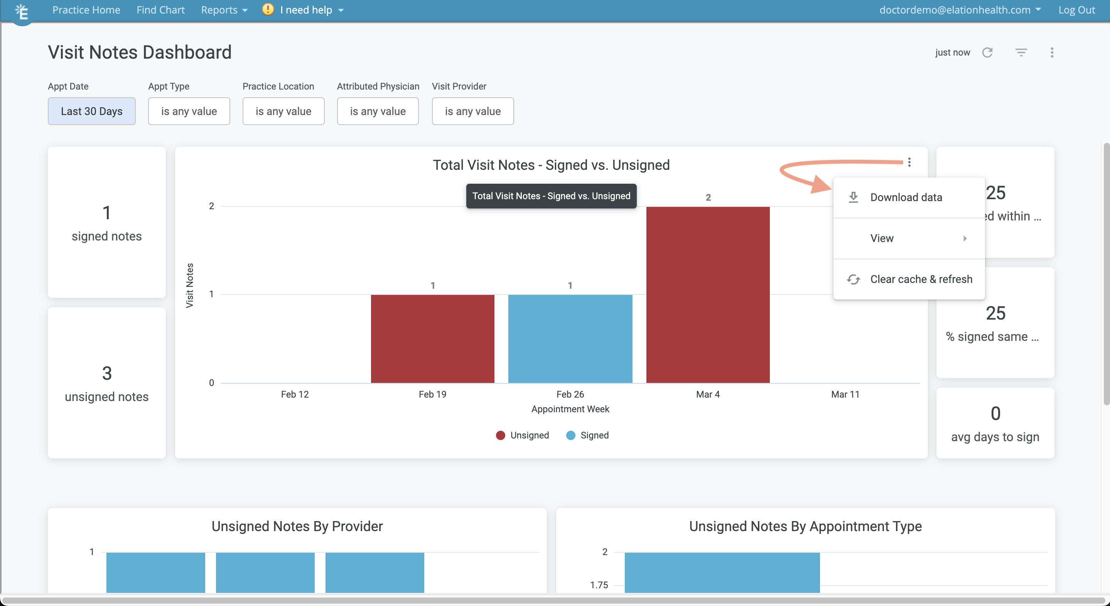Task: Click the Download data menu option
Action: pos(906,198)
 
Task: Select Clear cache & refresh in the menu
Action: pos(921,279)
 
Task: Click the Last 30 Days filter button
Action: pos(91,111)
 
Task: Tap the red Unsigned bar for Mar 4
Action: pos(708,295)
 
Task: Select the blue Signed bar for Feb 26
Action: pos(570,339)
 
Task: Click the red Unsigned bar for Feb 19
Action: pos(432,339)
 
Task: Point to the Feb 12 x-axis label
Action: pos(295,394)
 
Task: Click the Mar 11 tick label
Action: pos(845,394)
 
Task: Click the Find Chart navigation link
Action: pos(160,10)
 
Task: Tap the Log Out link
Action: pos(1076,10)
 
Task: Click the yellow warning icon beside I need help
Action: pos(268,10)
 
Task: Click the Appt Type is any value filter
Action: pos(189,111)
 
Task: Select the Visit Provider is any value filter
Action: pos(473,111)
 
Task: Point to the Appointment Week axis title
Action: pos(570,409)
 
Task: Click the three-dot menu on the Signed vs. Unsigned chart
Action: pos(909,162)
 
